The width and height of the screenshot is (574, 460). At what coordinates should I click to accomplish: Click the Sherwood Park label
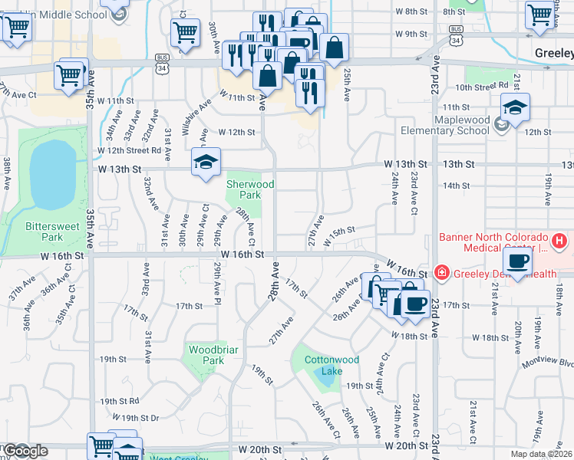pyautogui.click(x=244, y=189)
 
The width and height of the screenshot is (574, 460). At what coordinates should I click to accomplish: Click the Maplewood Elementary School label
pyautogui.click(x=461, y=125)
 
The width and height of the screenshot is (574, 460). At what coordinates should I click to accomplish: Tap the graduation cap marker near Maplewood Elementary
pyautogui.click(x=515, y=107)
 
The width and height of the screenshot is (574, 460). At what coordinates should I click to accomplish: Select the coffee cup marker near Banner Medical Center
pyautogui.click(x=520, y=261)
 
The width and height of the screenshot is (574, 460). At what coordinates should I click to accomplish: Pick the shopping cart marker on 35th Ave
pyautogui.click(x=69, y=75)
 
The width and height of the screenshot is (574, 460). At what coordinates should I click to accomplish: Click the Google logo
pyautogui.click(x=25, y=451)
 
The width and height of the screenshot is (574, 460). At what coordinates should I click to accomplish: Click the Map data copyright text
pyautogui.click(x=543, y=454)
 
